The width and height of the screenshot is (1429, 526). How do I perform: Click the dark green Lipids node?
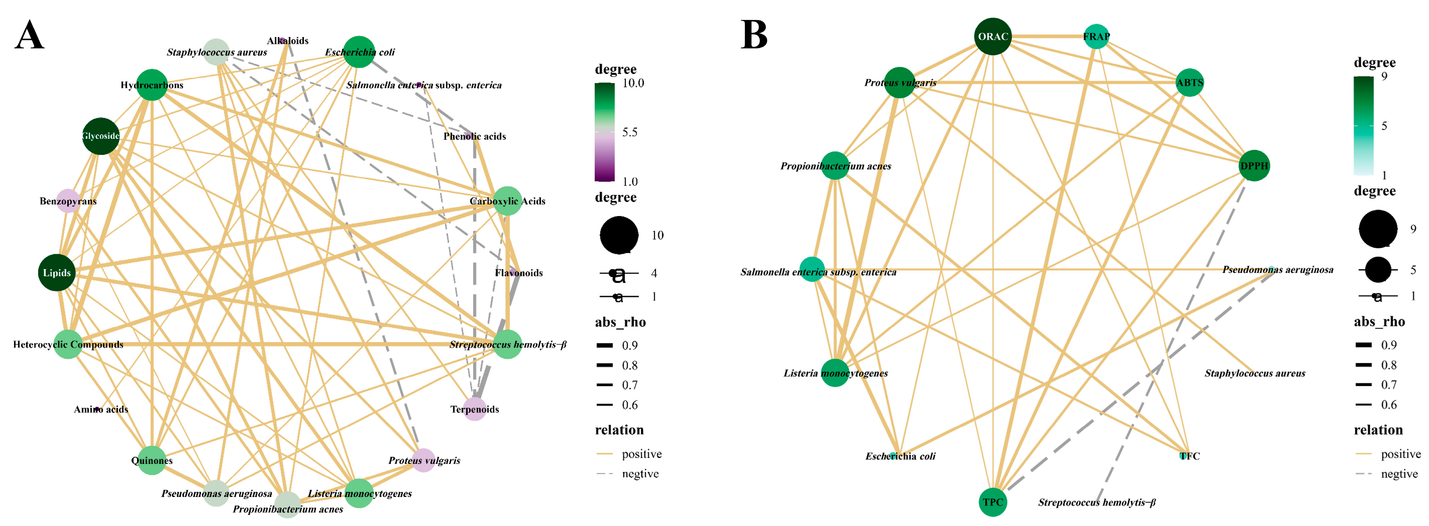57,272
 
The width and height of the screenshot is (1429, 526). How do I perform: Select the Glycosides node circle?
100,136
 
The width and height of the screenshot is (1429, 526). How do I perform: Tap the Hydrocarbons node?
151,85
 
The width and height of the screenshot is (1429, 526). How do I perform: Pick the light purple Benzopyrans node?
68,201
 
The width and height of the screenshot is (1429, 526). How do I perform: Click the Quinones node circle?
151,460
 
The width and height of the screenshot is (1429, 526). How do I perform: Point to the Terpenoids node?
474,409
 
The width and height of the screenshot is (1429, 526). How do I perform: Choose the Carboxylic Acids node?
507,201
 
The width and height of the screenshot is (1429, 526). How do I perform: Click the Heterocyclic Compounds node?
68,344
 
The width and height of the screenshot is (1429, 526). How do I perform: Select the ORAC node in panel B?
993,37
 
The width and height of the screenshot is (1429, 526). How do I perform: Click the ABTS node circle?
1189,82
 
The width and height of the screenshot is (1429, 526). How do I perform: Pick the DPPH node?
1254,166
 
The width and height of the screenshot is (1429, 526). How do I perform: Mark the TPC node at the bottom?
993,502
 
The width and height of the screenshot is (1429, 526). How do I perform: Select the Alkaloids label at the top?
287,40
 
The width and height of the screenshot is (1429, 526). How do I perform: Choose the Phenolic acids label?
474,136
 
